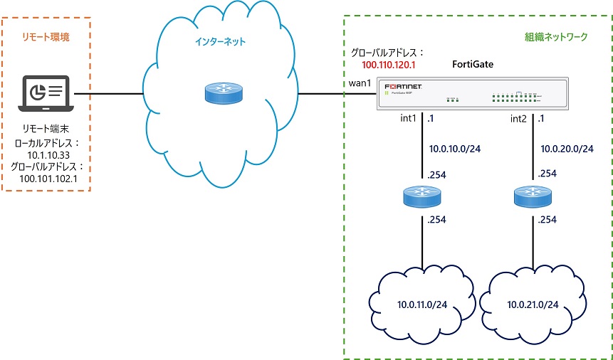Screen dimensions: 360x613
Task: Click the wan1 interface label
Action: [x=360, y=83]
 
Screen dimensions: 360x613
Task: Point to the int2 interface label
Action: [x=520, y=118]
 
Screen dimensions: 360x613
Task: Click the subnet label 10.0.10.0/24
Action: [x=453, y=149]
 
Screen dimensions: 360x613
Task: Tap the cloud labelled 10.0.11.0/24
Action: [x=421, y=305]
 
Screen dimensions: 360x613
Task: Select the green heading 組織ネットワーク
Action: [x=552, y=36]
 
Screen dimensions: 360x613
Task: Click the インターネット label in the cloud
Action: [x=221, y=42]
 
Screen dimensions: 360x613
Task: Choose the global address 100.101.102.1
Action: [x=46, y=178]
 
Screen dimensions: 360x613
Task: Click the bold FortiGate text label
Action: [x=473, y=65]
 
